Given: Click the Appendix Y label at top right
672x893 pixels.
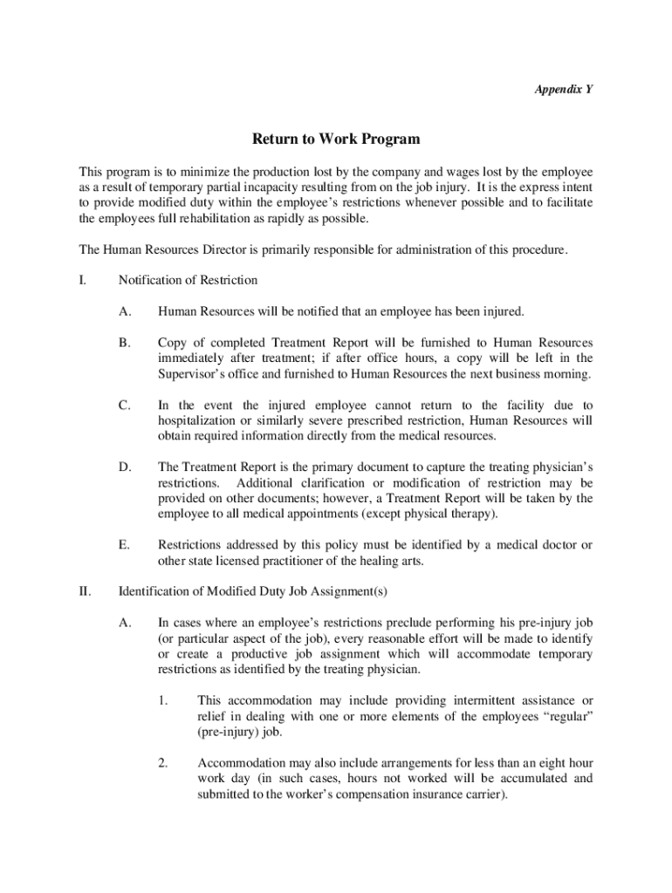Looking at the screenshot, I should coord(565,89).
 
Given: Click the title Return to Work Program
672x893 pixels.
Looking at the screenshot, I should coord(336,139).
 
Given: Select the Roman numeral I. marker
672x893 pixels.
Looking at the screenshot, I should coord(83,280).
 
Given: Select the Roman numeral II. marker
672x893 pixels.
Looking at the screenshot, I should coord(86,591).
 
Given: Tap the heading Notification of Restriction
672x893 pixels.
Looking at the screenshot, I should coord(188,280).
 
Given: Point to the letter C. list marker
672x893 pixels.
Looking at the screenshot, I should coord(125,406).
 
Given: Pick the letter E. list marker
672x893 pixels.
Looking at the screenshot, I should coord(125,545).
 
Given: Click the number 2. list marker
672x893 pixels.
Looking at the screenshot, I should coord(163,763).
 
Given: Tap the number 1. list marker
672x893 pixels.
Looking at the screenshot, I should coord(163,700).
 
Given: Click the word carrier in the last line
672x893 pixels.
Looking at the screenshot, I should coord(481,794).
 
